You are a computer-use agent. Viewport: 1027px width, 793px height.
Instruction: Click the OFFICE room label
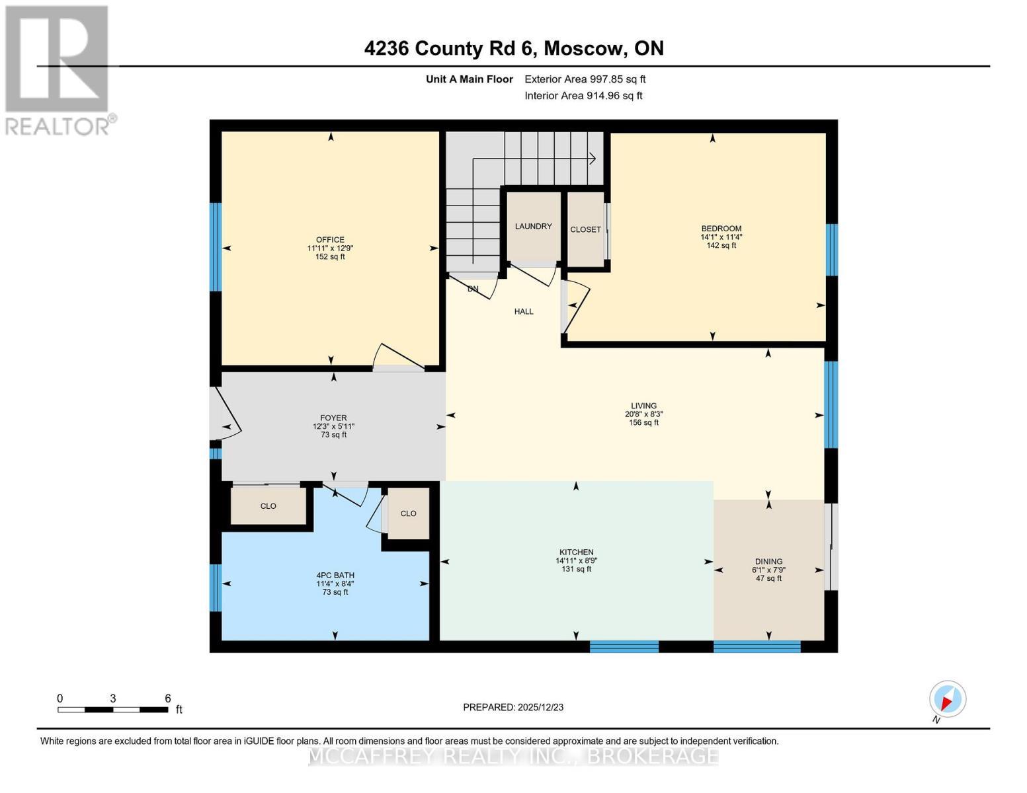click(x=330, y=240)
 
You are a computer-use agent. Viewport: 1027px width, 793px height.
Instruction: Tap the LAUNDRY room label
click(x=533, y=227)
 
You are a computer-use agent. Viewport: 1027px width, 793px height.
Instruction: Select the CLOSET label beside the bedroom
click(x=585, y=230)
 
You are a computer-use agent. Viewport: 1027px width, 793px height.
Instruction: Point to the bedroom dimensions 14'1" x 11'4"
click(x=721, y=237)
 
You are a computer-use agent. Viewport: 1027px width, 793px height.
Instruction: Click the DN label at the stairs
click(x=473, y=289)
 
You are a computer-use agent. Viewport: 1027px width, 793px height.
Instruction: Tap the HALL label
click(x=524, y=311)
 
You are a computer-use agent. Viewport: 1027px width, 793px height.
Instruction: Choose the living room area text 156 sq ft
click(x=643, y=423)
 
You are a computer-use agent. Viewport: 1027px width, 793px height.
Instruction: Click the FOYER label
click(x=333, y=418)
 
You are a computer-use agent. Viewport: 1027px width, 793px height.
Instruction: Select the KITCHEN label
click(x=576, y=552)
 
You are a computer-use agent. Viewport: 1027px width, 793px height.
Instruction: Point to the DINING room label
click(x=768, y=562)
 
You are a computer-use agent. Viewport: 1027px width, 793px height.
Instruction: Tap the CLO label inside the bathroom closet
click(x=408, y=513)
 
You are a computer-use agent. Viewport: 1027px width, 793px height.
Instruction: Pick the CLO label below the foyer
click(x=268, y=506)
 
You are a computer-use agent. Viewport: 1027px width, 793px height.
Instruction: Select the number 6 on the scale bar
click(x=168, y=699)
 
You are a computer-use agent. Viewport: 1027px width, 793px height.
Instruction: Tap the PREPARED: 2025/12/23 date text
click(x=513, y=707)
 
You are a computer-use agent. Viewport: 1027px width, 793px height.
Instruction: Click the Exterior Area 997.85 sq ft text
click(x=585, y=79)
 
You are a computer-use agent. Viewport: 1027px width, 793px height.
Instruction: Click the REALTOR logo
click(x=58, y=69)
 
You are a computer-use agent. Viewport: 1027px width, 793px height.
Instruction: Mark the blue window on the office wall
click(x=215, y=246)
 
